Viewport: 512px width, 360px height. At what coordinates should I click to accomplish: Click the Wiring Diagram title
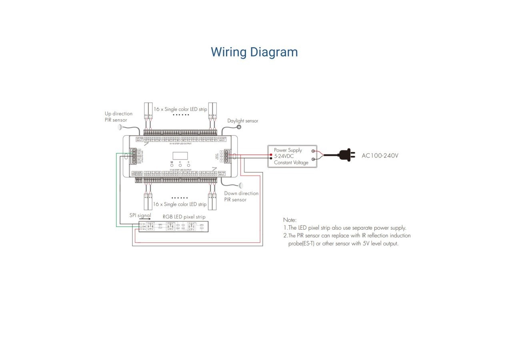coord(254,52)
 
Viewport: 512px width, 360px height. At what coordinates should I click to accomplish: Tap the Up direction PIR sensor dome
coord(120,127)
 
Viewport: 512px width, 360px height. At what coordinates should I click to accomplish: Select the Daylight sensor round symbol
coord(239,127)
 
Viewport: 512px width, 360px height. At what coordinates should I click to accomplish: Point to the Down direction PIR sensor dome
coord(241,186)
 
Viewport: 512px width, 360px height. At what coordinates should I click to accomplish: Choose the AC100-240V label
coord(380,156)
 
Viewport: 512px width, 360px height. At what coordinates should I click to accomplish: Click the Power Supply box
coord(292,156)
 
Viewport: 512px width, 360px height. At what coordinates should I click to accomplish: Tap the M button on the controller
coord(172,165)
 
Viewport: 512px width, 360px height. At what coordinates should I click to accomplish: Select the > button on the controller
coord(188,165)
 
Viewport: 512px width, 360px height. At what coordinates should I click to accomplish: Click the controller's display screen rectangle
coord(180,156)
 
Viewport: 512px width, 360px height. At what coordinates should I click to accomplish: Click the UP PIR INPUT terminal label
coord(140,139)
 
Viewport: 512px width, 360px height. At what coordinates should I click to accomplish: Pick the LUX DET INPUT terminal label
coord(222,139)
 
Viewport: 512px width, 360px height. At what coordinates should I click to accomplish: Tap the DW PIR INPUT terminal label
coord(222,173)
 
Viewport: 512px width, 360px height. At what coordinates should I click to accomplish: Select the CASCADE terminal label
coord(137,173)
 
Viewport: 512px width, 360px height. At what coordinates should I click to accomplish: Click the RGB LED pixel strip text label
coord(184,217)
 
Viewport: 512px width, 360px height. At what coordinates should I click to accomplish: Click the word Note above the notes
coord(290,220)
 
